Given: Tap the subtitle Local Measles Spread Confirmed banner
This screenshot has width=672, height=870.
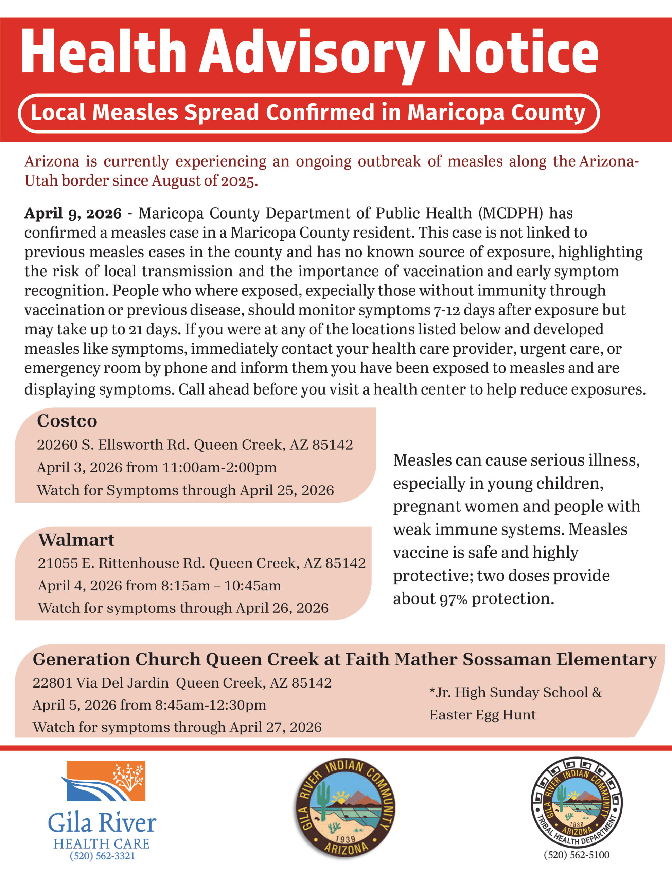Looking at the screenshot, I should [x=308, y=113].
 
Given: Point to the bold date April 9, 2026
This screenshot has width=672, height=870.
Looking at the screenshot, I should [x=73, y=213].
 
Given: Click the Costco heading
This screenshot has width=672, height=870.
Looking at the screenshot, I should [x=67, y=421].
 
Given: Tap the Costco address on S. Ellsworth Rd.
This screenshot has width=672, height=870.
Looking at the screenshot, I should [x=195, y=445].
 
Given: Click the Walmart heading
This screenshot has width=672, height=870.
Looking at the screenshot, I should [x=76, y=540].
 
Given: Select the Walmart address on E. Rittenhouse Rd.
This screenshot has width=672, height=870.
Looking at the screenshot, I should [x=201, y=563].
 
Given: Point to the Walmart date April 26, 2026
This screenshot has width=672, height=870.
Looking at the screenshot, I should [x=282, y=608].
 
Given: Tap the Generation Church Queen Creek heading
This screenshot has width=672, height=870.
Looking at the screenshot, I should [x=344, y=659].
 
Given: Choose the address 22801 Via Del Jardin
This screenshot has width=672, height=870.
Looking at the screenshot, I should [x=182, y=683].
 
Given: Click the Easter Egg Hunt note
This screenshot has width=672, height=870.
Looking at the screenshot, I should [x=482, y=715].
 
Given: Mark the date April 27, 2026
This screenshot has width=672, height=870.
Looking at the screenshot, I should [x=275, y=727].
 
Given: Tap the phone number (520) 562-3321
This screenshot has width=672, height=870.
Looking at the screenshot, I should [x=102, y=856].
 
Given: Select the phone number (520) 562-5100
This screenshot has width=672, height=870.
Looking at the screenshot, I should [x=577, y=855].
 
